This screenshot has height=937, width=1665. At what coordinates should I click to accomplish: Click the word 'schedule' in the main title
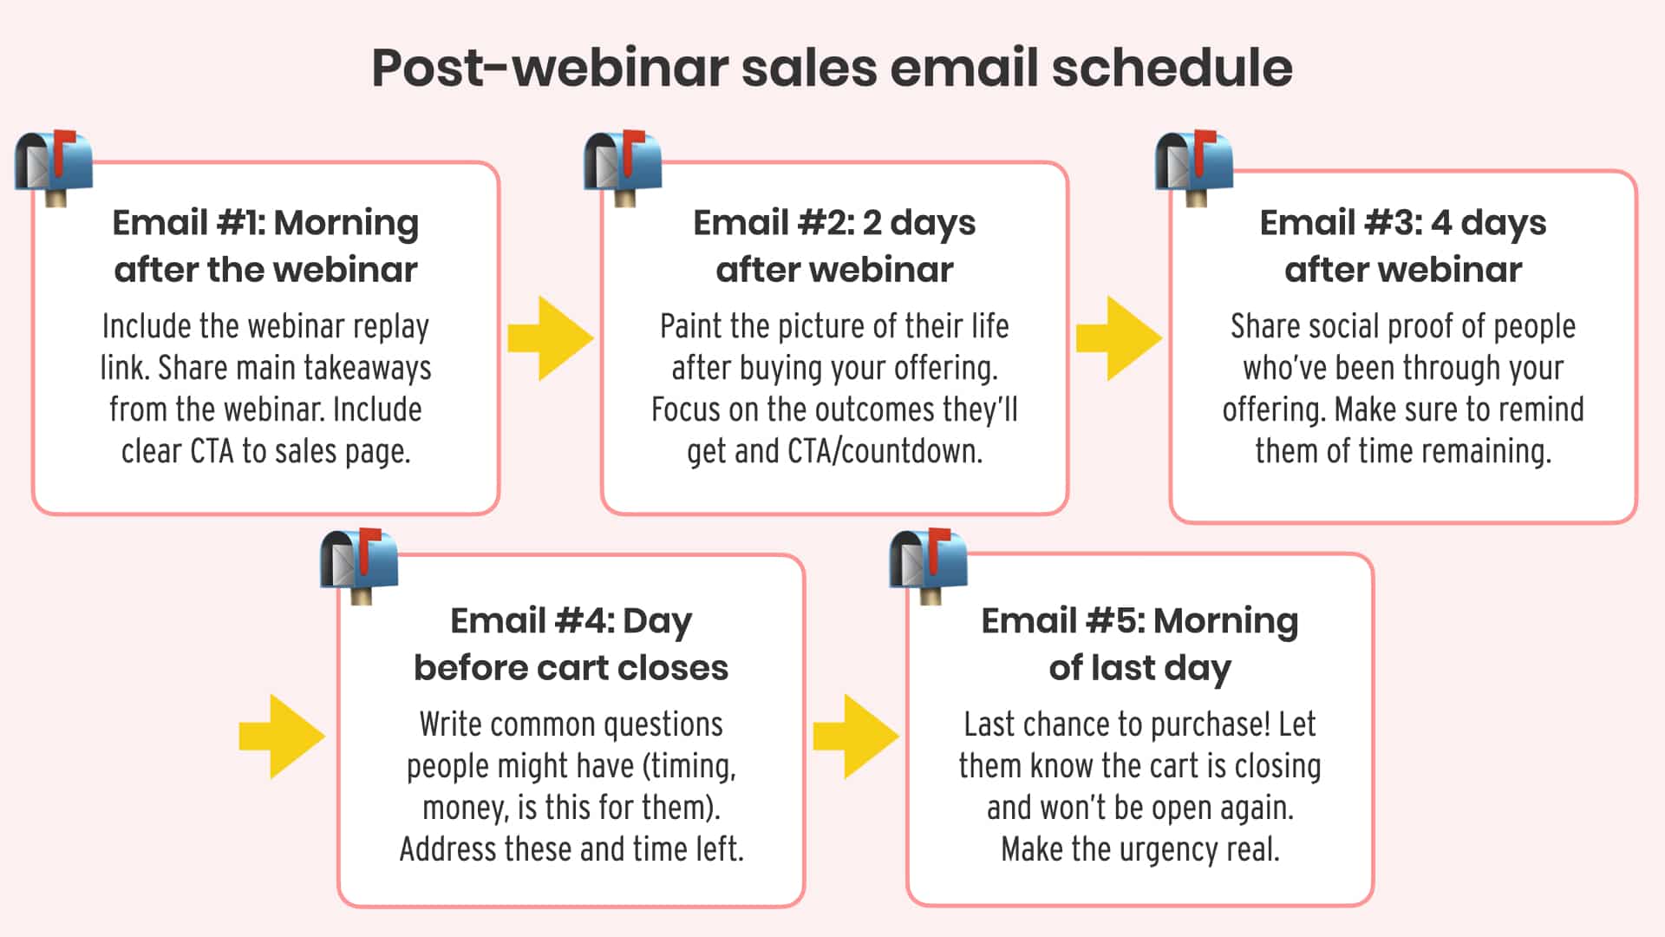click(x=1172, y=68)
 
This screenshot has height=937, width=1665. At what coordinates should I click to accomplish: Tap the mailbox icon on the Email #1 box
click(x=54, y=167)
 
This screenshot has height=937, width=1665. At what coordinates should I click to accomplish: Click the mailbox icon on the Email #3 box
click(x=1194, y=167)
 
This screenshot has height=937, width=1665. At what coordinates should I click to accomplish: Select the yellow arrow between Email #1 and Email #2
click(x=550, y=338)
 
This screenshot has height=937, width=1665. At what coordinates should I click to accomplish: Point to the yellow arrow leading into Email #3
click(x=1118, y=338)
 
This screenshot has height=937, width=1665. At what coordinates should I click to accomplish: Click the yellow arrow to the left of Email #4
click(x=281, y=736)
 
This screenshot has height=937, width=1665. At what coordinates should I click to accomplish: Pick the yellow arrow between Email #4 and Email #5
click(x=855, y=736)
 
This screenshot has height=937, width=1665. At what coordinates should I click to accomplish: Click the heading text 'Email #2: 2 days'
click(x=834, y=223)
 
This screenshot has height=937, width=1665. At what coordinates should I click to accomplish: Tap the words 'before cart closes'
click(x=571, y=668)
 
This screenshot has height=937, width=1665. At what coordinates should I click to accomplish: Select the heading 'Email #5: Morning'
click(x=1139, y=621)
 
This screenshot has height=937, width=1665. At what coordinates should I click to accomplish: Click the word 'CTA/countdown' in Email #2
click(x=885, y=452)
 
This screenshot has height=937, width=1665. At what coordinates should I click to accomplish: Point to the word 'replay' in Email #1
click(x=390, y=327)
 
